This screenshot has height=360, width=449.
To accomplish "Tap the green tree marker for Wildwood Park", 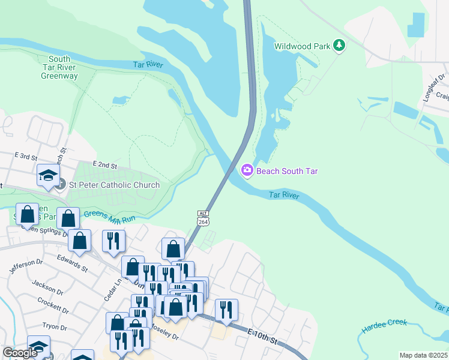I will [339, 46].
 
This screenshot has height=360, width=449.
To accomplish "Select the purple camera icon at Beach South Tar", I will [247, 171].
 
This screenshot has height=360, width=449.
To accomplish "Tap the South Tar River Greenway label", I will [59, 67].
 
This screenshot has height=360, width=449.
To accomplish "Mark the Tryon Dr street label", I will [59, 326].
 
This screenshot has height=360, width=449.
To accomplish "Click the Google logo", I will [20, 353].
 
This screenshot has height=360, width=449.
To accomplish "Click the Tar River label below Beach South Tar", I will [283, 196].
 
